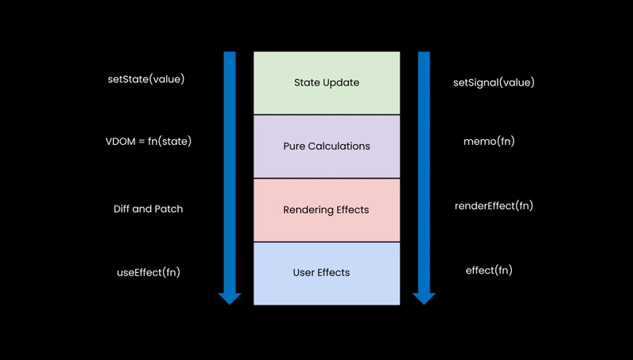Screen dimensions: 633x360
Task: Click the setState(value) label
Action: coord(146,79)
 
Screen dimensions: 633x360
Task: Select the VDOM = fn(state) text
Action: coord(149,142)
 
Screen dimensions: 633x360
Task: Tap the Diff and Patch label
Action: coord(148,209)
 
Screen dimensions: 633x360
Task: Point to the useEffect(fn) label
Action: coord(149,272)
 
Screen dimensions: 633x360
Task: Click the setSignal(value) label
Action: coord(494,83)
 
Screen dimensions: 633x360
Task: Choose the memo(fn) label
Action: coord(489,142)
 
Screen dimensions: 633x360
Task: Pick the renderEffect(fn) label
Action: coord(494,206)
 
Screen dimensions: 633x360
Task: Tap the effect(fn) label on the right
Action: coord(489,271)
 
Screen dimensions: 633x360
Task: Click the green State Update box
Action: coord(327,83)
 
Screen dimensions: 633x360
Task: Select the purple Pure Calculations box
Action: coord(327,146)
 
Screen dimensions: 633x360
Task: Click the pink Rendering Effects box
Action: coord(327,210)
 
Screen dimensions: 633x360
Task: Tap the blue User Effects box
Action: coord(327,274)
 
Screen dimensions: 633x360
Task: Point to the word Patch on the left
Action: coord(171,209)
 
